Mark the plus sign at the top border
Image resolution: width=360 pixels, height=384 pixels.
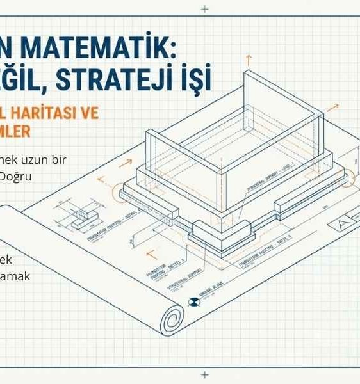(204, 9)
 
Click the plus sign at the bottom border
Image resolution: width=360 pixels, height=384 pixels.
(204, 375)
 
